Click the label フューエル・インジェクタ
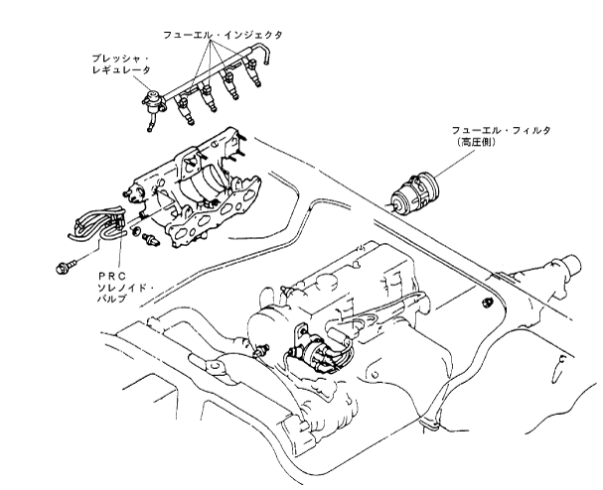tap(224, 34)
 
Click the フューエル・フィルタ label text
tap(497, 130)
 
